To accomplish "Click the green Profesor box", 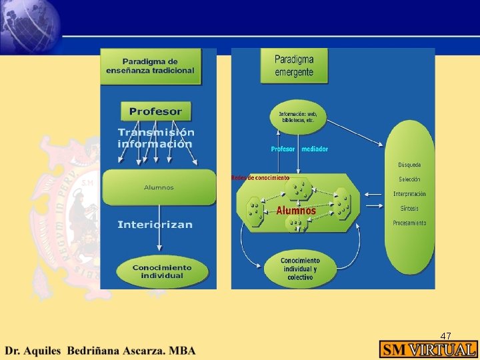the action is click(x=156, y=111).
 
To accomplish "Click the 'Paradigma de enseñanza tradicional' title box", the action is click(x=151, y=67).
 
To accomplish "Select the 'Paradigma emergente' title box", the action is click(x=294, y=66).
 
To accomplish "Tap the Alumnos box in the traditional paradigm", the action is click(x=159, y=187).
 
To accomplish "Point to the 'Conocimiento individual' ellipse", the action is click(x=161, y=271).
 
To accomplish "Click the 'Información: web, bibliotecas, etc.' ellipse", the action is click(x=298, y=117).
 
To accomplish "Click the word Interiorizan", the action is click(x=155, y=225).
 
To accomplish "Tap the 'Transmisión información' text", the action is click(x=156, y=138).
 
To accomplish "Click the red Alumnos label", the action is click(x=296, y=211).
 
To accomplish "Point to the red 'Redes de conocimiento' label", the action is click(x=260, y=178).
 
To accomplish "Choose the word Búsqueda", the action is click(x=409, y=165).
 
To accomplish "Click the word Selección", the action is click(x=409, y=179).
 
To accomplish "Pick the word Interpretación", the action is click(x=409, y=194).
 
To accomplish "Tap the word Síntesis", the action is click(x=409, y=209).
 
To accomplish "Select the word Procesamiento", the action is click(x=409, y=223).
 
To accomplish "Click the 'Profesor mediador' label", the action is click(x=299, y=149).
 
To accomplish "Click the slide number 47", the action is click(x=446, y=336).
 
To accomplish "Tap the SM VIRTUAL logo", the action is click(x=429, y=349).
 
